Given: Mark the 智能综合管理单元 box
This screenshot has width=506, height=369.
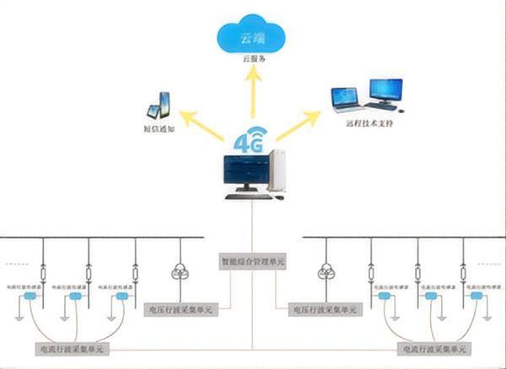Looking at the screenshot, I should point(253,263).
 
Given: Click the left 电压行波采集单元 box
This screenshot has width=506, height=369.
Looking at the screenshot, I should point(180,310).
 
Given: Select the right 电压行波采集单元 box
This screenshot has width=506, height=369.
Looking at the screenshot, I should point(322,310).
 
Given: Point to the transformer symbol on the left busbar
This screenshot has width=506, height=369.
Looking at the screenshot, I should point(179,270).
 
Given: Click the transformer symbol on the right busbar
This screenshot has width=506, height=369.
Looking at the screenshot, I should point(326,270).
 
